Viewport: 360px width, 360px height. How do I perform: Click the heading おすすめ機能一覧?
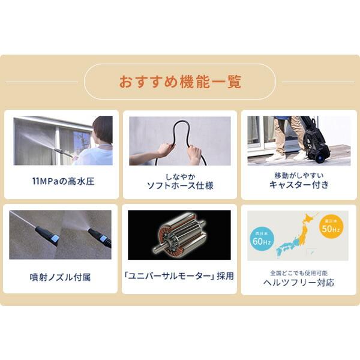click(180, 82)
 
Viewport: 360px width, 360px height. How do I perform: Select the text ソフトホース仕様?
click(180, 185)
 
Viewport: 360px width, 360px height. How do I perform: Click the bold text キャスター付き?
click(298, 185)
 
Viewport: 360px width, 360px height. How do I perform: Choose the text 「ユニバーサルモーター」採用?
click(180, 277)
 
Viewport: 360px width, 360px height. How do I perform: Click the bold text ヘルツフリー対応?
click(298, 282)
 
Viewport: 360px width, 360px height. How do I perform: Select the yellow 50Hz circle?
click(332, 227)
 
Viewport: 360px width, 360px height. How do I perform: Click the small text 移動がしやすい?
click(298, 175)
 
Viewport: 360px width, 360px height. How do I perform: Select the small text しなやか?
click(180, 175)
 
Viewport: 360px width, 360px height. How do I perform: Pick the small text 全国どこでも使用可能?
click(298, 272)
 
